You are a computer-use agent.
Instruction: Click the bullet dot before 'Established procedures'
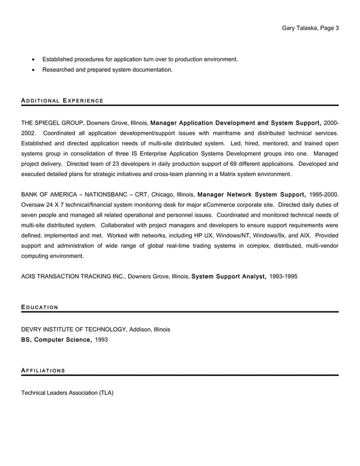click(34, 59)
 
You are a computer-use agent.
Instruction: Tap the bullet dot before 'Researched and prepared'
click(34, 70)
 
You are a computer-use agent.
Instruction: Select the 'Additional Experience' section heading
click(62, 101)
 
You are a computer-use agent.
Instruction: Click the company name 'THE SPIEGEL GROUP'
click(52, 122)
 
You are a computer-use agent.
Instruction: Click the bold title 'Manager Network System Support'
click(252, 195)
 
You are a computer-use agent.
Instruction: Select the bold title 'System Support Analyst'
click(229, 277)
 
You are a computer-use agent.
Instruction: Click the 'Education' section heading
click(39, 307)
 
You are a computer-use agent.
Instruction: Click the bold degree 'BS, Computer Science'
click(56, 340)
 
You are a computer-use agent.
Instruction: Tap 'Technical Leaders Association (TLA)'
click(67, 392)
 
